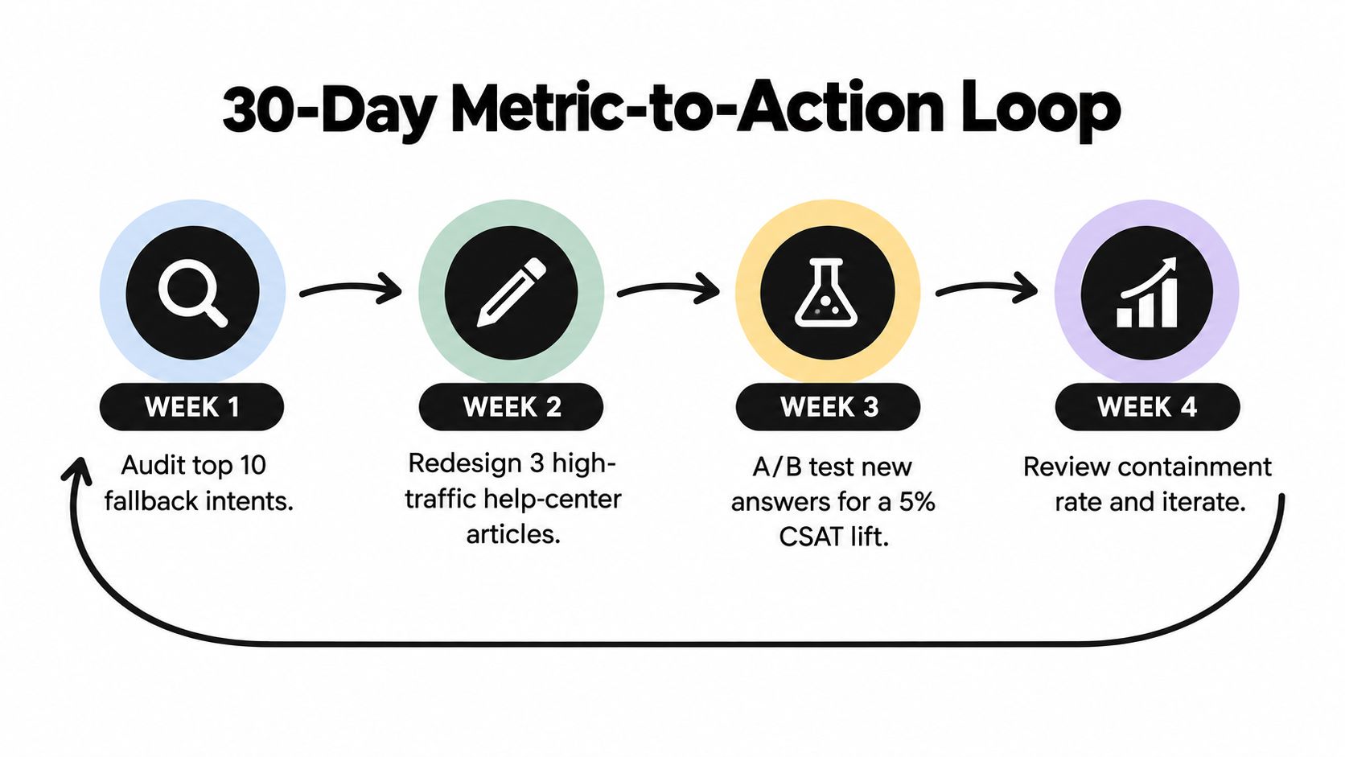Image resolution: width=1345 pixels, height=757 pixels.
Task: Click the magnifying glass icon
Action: pos(192,293)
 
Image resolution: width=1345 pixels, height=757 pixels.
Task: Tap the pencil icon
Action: pos(512,292)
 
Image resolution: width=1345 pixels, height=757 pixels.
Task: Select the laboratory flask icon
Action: pos(827,292)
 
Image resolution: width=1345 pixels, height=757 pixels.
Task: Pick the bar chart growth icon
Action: pos(1147,292)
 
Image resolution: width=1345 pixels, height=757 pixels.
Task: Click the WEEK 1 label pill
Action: pos(191,406)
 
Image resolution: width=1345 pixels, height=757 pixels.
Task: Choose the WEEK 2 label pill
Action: pos(511,406)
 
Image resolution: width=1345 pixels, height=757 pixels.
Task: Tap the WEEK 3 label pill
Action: pos(828,406)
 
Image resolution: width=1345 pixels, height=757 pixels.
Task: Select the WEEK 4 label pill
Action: pos(1147,406)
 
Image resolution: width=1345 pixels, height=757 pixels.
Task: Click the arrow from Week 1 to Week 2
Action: pos(351,290)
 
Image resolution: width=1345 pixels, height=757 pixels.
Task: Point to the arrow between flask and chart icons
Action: pos(986,288)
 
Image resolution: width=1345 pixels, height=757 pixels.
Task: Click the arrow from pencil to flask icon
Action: pos(668,288)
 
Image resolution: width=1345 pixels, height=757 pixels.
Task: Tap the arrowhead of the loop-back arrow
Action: pos(77,471)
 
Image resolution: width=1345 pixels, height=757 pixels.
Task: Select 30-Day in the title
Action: pos(328,112)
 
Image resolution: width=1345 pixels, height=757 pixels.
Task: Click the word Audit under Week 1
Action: pos(151,465)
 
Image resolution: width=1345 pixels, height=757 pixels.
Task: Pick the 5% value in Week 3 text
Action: pos(917,501)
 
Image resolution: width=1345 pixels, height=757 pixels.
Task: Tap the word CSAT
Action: pos(808,536)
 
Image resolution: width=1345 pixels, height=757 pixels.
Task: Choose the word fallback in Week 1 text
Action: pos(150,500)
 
